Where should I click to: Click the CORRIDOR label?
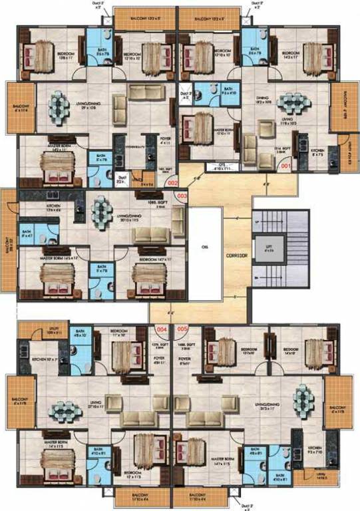[x=236, y=255]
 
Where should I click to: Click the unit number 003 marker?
[x=180, y=196]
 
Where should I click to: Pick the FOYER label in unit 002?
[x=149, y=142]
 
